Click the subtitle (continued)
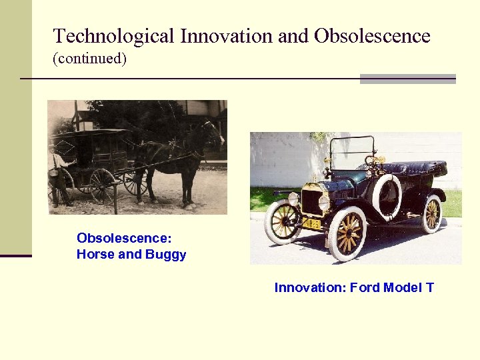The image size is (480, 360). (x=89, y=58)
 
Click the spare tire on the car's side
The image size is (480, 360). (x=386, y=193)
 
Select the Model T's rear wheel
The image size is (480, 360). (x=432, y=213)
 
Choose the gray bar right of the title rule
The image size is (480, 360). (x=407, y=79)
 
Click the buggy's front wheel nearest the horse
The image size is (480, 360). (x=135, y=181)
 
